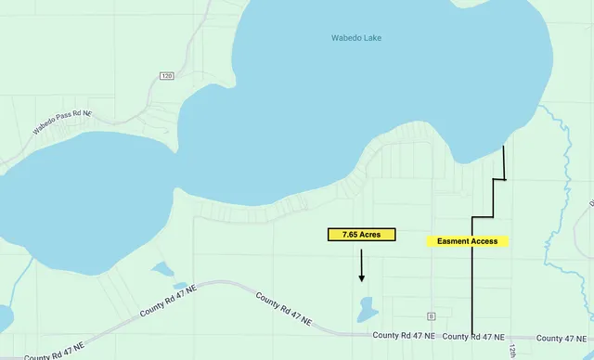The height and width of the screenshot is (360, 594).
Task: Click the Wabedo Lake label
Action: pos(356,38)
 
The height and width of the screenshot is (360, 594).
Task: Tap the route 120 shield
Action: pos(167,76)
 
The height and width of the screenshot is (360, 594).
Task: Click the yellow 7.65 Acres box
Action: pos(361,235)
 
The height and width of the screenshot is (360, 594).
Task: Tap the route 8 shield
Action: pos(432,315)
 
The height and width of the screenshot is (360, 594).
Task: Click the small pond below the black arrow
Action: pos(366,306)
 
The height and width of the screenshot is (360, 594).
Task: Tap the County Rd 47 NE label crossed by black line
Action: pos(473,336)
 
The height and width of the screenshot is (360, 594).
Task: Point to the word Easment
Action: pos(454,241)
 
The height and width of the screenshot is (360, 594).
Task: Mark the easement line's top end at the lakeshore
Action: pos(504,147)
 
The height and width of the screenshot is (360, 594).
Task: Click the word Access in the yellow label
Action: pos(484,241)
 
